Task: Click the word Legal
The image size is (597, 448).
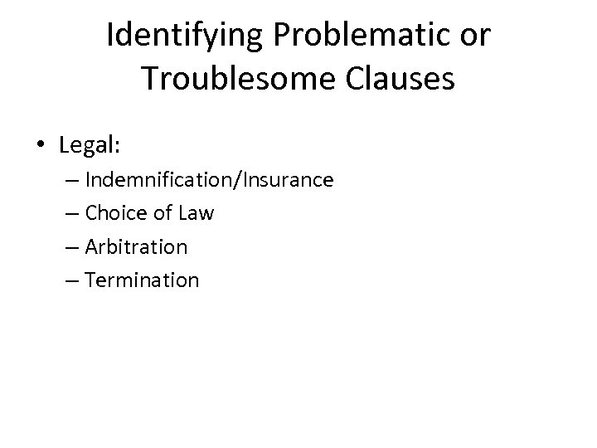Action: pos(87,146)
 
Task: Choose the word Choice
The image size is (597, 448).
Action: pos(114,213)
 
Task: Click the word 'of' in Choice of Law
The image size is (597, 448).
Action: pos(161,213)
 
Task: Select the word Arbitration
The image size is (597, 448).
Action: pos(136,247)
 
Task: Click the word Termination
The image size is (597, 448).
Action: pos(142,280)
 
